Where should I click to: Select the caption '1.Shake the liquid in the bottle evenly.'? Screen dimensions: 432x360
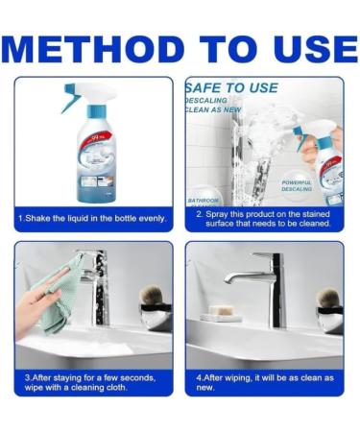pyautogui.click(x=93, y=219)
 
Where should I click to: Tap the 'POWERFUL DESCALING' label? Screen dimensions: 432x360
pyautogui.click(x=298, y=184)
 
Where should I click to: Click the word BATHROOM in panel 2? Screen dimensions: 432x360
pyautogui.click(x=204, y=200)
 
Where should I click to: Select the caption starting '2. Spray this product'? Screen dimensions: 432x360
pyautogui.click(x=264, y=219)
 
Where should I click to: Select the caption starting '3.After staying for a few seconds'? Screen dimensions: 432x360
pyautogui.click(x=93, y=382)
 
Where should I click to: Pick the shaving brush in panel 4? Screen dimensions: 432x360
pyautogui.click(x=329, y=300)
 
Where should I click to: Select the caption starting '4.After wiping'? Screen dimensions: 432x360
pyautogui.click(x=264, y=382)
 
